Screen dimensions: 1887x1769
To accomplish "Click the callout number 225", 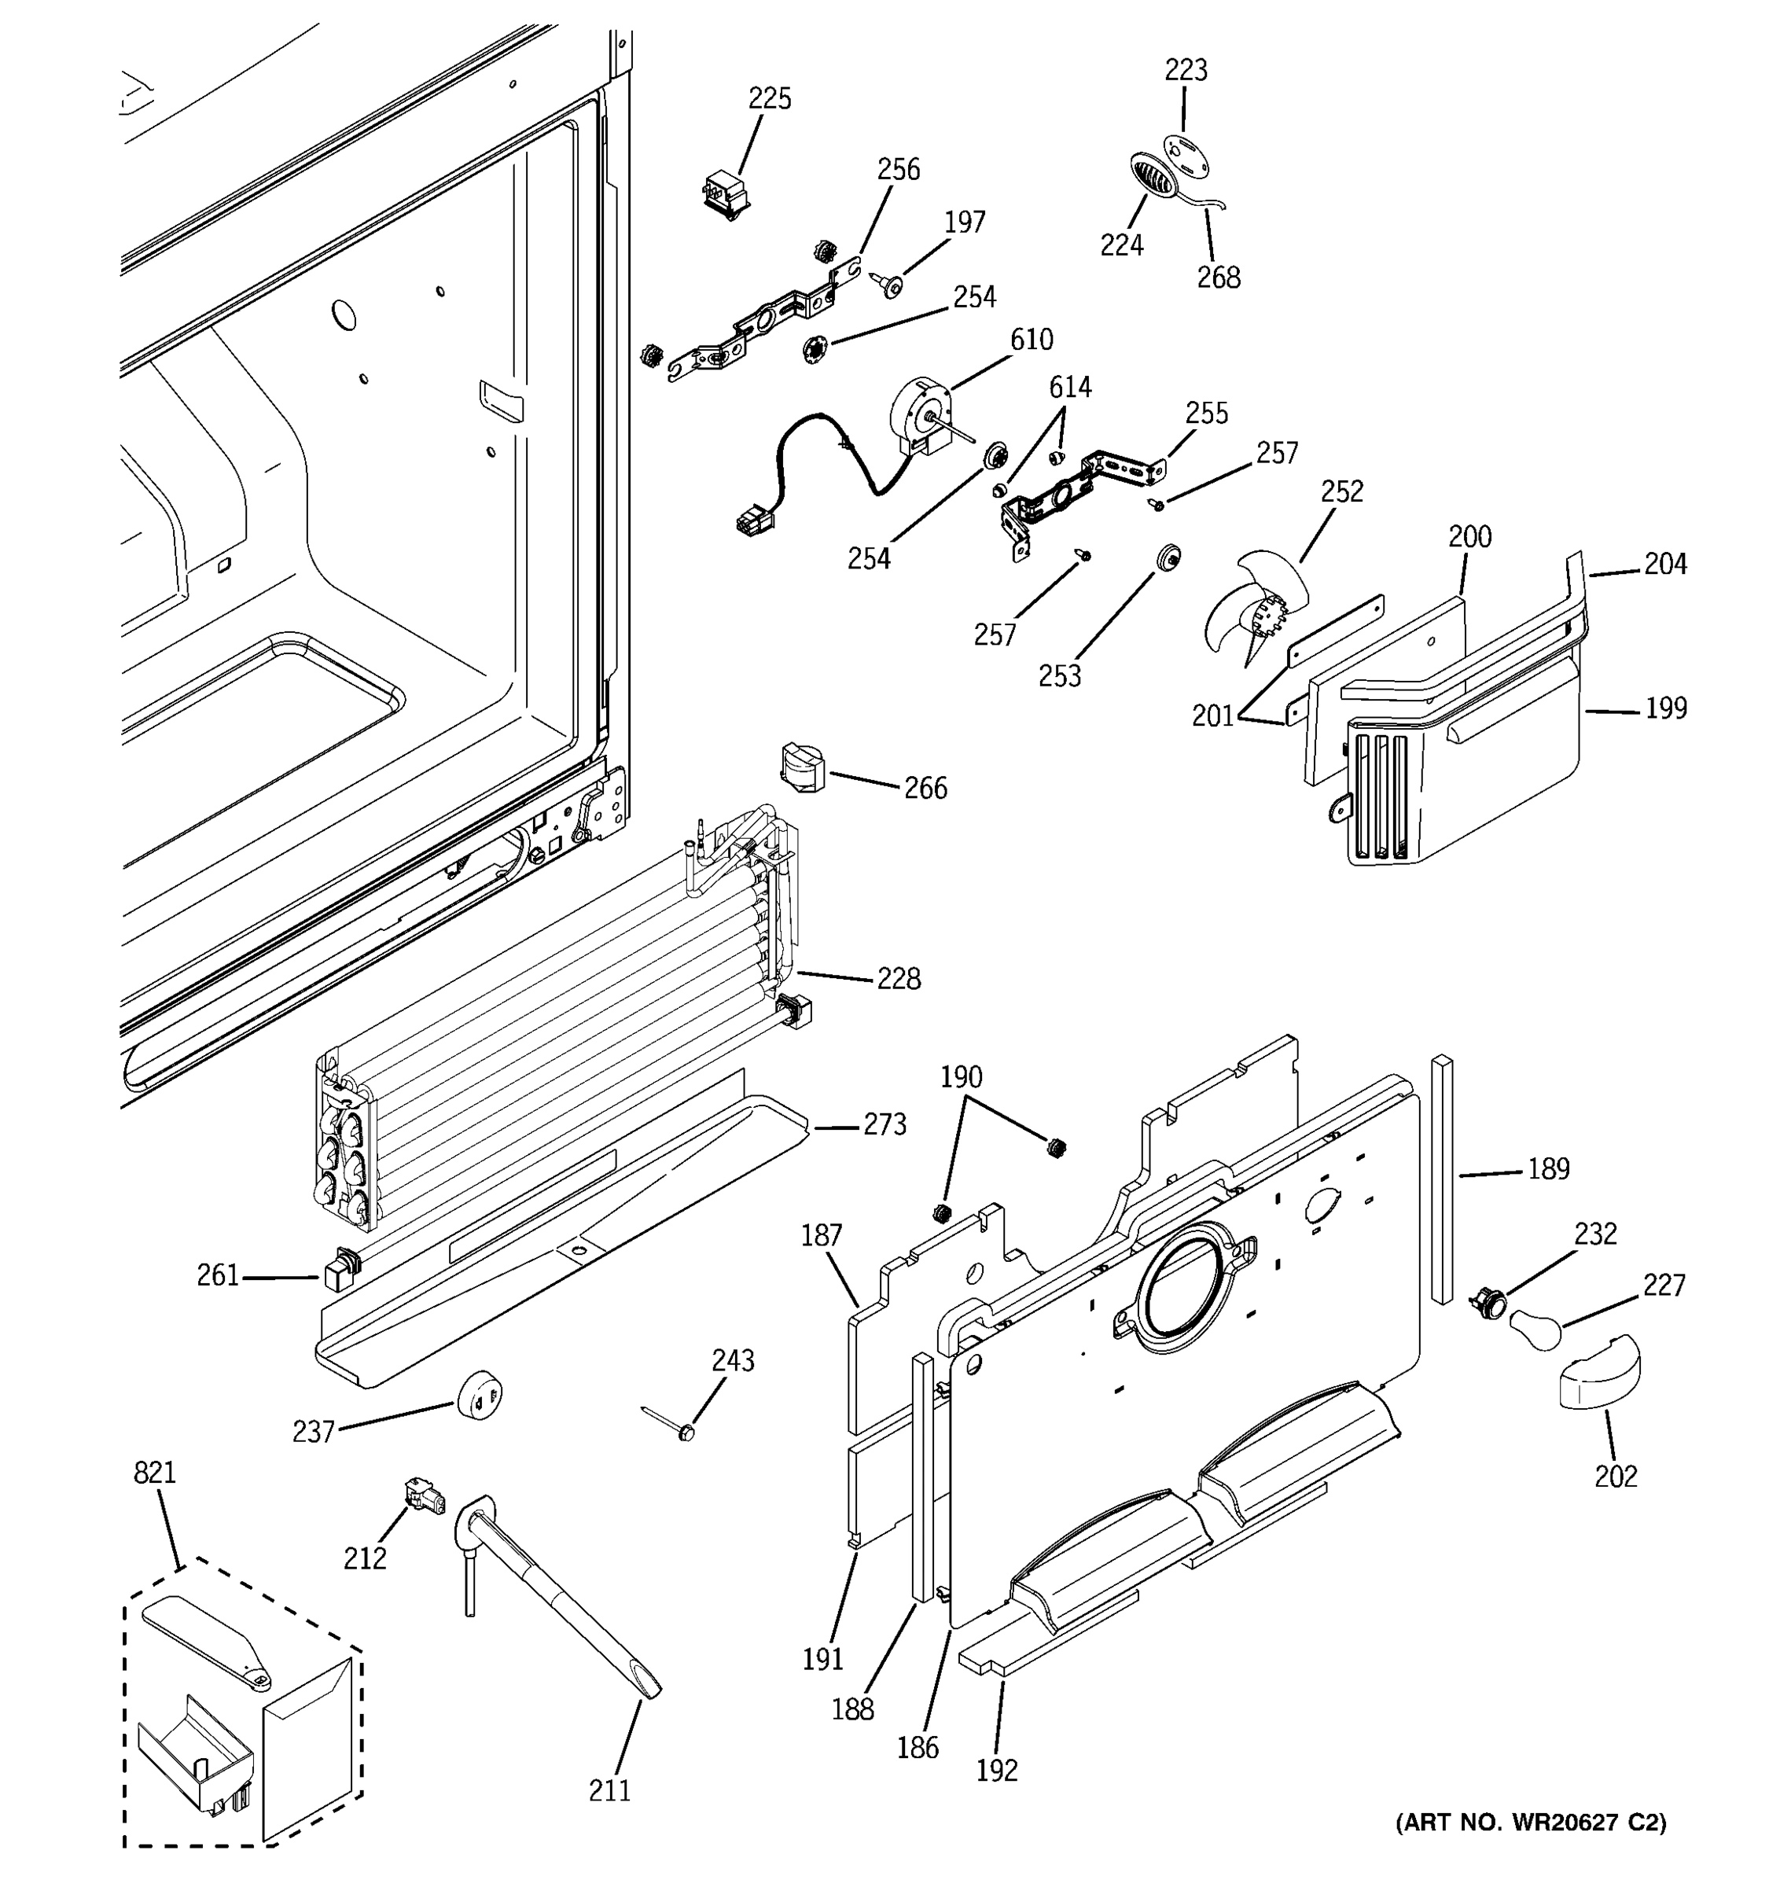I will point(769,99).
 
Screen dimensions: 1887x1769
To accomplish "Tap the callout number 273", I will point(884,1125).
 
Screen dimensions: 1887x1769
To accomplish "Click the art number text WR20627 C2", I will point(1530,1823).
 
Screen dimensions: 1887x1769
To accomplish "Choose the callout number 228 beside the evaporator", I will point(898,979).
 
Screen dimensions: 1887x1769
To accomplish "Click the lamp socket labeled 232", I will point(1485,1301).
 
